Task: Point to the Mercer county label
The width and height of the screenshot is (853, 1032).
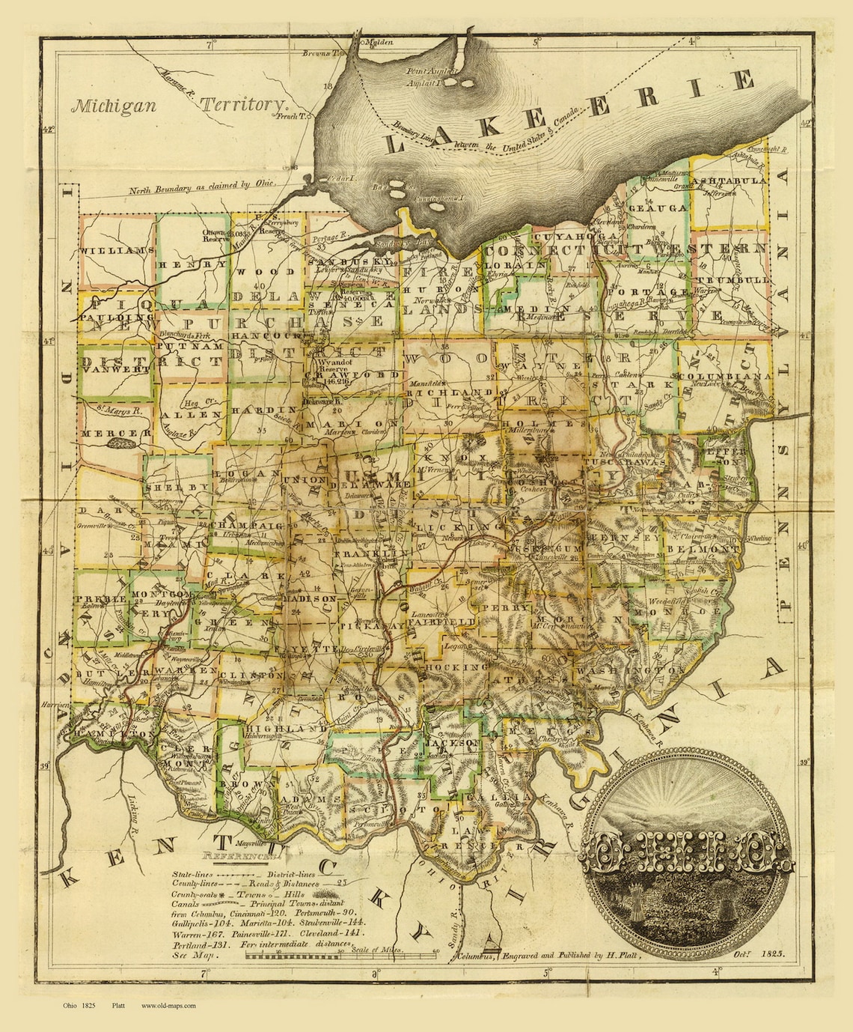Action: click(x=110, y=434)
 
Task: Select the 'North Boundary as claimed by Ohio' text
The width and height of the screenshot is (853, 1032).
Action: click(x=202, y=183)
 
